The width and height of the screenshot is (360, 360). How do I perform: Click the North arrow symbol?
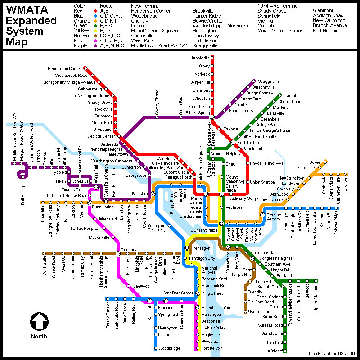click(x=39, y=321)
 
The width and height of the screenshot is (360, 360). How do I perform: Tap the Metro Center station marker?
click(x=206, y=194)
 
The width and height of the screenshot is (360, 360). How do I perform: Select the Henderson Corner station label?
click(x=64, y=68)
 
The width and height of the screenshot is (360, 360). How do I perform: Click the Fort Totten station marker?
click(x=233, y=142)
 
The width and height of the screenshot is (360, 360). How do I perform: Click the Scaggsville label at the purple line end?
click(x=269, y=81)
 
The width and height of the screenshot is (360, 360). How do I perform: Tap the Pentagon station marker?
click(x=187, y=248)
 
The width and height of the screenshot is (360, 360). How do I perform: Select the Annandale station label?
click(x=130, y=249)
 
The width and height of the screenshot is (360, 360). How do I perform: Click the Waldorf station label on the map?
click(x=275, y=351)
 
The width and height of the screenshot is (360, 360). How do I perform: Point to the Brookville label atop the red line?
click(x=201, y=58)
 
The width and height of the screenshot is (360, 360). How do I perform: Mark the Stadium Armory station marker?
click(x=262, y=215)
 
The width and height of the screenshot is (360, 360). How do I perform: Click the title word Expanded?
click(x=31, y=21)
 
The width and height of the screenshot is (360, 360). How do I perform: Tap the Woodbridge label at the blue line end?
click(x=169, y=348)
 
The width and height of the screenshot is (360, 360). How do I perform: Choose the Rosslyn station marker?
click(x=153, y=193)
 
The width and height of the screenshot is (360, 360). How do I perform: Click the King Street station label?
click(x=212, y=293)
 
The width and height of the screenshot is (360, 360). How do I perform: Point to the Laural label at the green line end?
click(x=290, y=96)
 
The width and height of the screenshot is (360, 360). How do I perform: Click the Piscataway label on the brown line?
click(x=258, y=311)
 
